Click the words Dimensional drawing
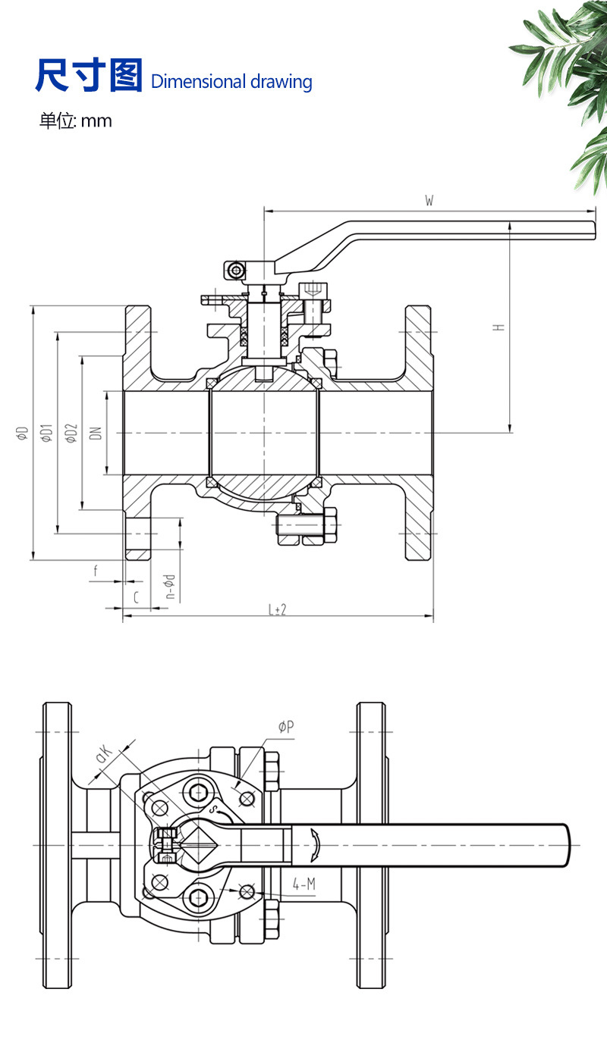[x=231, y=82]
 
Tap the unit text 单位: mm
[x=76, y=121]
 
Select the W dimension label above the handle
[x=429, y=201]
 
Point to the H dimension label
[x=498, y=327]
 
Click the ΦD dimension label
[x=23, y=433]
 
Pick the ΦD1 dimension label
[x=46, y=433]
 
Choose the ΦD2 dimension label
[x=71, y=433]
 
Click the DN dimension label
[x=96, y=433]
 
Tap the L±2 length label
[x=278, y=609]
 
